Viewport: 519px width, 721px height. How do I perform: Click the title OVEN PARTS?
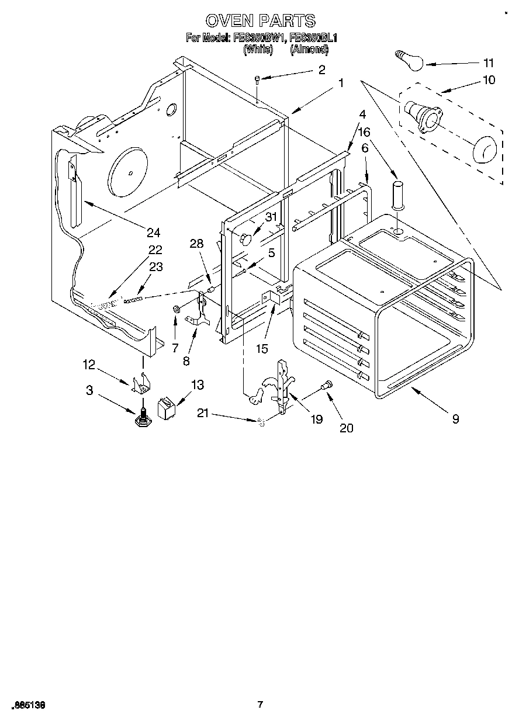click(x=260, y=21)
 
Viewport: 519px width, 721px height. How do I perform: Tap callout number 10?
click(x=488, y=80)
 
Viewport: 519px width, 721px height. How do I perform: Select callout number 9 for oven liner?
click(x=455, y=418)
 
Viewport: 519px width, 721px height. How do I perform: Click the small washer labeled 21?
click(x=261, y=422)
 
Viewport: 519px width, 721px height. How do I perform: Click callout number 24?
click(x=153, y=233)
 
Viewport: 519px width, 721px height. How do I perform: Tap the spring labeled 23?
click(x=133, y=300)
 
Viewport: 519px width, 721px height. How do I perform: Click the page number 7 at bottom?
click(x=260, y=705)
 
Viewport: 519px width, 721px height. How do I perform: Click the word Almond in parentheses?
click(x=309, y=50)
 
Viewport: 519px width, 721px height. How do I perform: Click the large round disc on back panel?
click(x=129, y=172)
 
